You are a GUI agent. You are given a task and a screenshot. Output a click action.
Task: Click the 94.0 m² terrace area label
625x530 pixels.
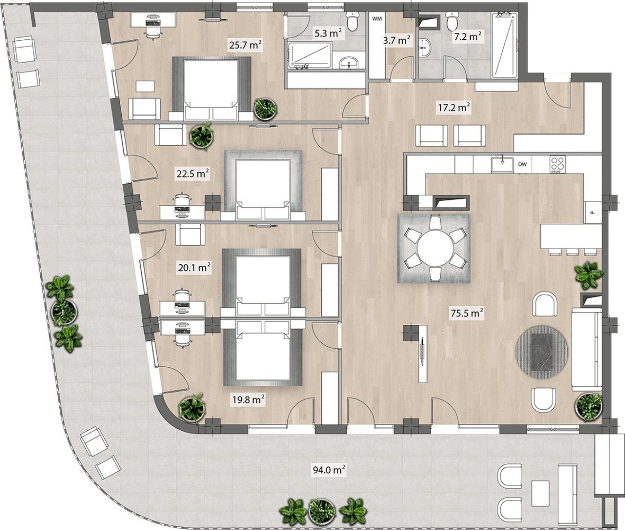[x=329, y=470]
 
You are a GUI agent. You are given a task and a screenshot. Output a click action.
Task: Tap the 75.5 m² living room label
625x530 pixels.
[x=467, y=313]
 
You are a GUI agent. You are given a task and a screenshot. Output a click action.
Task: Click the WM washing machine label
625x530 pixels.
[x=377, y=19]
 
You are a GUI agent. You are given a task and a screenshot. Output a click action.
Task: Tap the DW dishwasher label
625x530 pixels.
[x=522, y=164]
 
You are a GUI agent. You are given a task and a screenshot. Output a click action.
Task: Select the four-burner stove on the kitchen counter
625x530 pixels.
[x=557, y=164]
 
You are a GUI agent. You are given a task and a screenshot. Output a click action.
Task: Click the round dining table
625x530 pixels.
[x=435, y=248]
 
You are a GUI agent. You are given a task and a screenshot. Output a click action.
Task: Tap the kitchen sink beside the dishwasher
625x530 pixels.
[x=502, y=164]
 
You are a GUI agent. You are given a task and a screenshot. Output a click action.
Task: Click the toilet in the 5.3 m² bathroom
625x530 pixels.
[x=352, y=20]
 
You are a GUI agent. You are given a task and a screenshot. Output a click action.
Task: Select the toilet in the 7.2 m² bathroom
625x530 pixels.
[x=452, y=21]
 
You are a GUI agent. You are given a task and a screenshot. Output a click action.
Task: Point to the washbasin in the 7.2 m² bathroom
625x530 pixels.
[x=425, y=48]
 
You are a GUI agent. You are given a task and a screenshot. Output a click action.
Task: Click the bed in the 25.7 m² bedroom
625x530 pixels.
[x=211, y=89]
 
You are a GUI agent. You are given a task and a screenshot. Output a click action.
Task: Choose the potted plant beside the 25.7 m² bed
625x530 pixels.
[x=266, y=109]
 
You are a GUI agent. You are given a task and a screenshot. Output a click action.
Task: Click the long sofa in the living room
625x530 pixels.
[x=587, y=349]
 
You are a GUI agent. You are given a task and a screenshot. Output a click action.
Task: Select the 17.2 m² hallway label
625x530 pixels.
[x=454, y=108]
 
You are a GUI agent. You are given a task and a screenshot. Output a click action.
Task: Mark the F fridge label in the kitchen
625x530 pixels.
[x=593, y=212]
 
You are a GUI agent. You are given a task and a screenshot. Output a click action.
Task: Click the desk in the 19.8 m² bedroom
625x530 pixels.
[x=183, y=328]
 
